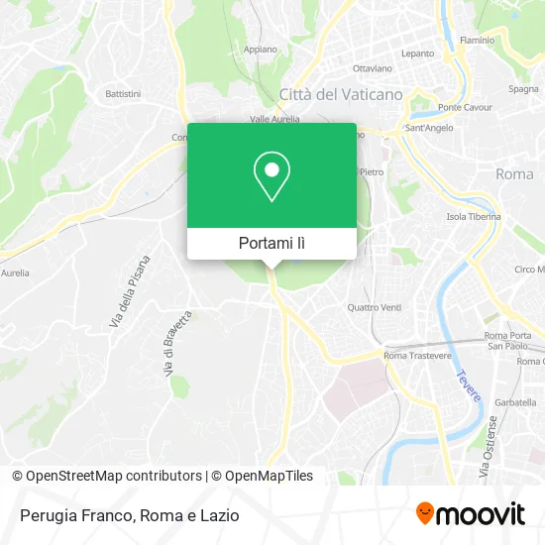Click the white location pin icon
272,176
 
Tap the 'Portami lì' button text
272,243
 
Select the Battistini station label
124,94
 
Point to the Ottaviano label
373,68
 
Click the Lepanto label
417,54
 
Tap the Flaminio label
504,41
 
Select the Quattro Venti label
375,306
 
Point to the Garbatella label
515,404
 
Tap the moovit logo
470,514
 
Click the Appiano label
260,48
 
